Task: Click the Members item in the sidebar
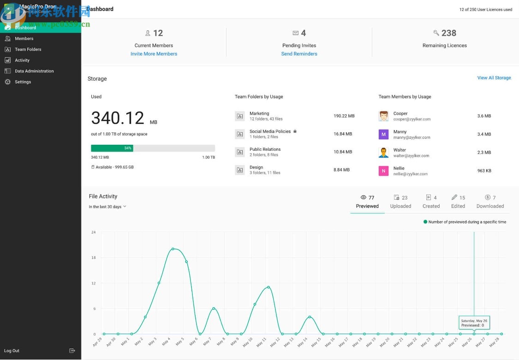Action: tap(24, 39)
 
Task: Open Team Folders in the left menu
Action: tap(28, 49)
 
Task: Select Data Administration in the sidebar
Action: tap(34, 71)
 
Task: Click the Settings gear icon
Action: tap(7, 82)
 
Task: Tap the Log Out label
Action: tap(12, 351)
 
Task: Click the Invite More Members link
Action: tap(154, 54)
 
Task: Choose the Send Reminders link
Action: tap(299, 54)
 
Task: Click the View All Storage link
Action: tap(494, 78)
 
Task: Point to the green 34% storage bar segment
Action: tap(112, 148)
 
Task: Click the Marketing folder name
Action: tap(259, 113)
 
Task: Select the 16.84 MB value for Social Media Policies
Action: tap(342, 134)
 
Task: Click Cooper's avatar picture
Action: tap(383, 116)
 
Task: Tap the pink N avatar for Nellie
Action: tap(383, 171)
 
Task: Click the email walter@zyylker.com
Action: tap(411, 156)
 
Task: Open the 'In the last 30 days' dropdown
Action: tap(107, 207)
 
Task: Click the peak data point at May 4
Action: tap(173, 249)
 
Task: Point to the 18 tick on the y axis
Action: tap(94, 258)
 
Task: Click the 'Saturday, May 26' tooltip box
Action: tap(474, 323)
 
